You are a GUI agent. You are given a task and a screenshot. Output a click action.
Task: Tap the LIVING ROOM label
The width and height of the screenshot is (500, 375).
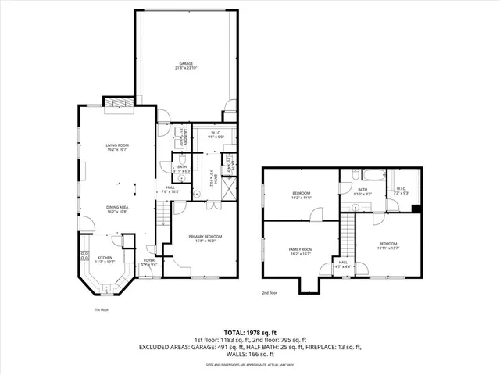118,147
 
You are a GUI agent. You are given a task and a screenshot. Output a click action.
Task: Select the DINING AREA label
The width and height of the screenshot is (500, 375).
118,209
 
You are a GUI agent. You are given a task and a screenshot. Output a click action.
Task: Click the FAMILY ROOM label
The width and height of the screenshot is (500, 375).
301,251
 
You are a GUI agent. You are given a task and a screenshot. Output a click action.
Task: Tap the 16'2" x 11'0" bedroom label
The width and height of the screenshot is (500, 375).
302,195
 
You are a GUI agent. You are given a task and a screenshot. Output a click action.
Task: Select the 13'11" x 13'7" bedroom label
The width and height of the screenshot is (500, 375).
388,245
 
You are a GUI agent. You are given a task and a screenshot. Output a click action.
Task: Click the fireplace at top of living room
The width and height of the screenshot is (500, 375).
117,103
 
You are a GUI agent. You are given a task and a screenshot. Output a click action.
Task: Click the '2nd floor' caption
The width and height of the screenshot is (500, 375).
270,294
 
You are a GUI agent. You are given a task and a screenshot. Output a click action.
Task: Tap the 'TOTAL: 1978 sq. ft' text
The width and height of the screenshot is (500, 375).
250,332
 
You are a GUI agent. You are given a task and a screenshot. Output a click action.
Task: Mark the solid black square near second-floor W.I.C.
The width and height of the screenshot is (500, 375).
416,209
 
